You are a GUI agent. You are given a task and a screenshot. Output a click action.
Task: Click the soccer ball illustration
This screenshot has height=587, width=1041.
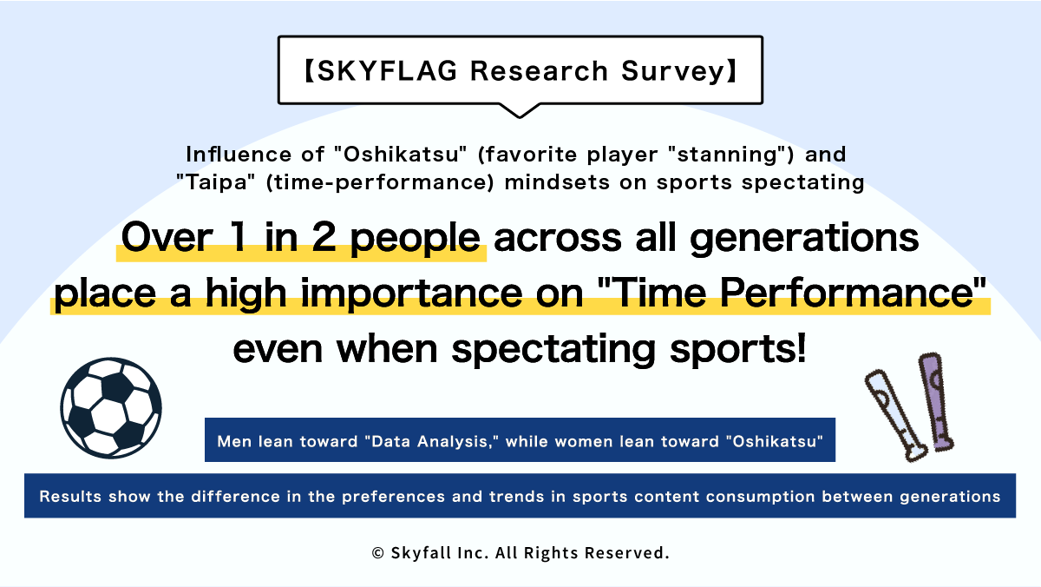tap(111, 408)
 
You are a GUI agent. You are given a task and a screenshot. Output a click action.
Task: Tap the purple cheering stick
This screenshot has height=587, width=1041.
tap(936, 402)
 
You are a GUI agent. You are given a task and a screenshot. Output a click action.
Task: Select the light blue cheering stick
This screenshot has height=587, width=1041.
tap(895, 415)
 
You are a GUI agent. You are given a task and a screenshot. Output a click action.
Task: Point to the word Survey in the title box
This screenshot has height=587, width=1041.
tap(673, 72)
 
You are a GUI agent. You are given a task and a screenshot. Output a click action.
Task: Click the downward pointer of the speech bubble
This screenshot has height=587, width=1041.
tap(520, 111)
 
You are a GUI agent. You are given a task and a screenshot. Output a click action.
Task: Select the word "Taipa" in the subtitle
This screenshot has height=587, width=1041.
tap(216, 182)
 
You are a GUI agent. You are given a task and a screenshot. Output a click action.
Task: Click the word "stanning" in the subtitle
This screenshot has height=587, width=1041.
tap(726, 155)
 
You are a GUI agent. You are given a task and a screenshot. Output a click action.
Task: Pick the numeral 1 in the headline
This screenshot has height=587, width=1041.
tap(238, 237)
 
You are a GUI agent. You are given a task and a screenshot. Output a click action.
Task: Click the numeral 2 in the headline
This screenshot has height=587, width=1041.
tap(324, 237)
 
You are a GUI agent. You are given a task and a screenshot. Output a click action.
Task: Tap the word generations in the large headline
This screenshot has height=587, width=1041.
tap(804, 239)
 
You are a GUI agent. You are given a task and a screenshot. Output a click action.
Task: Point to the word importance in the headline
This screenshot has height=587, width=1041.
tap(412, 294)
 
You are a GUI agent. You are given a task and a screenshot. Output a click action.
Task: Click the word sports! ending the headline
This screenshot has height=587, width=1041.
tap(737, 350)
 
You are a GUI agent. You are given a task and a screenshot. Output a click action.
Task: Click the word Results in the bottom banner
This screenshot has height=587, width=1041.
tap(70, 497)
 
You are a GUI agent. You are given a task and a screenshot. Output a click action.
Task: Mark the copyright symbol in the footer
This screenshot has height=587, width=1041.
tap(378, 553)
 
